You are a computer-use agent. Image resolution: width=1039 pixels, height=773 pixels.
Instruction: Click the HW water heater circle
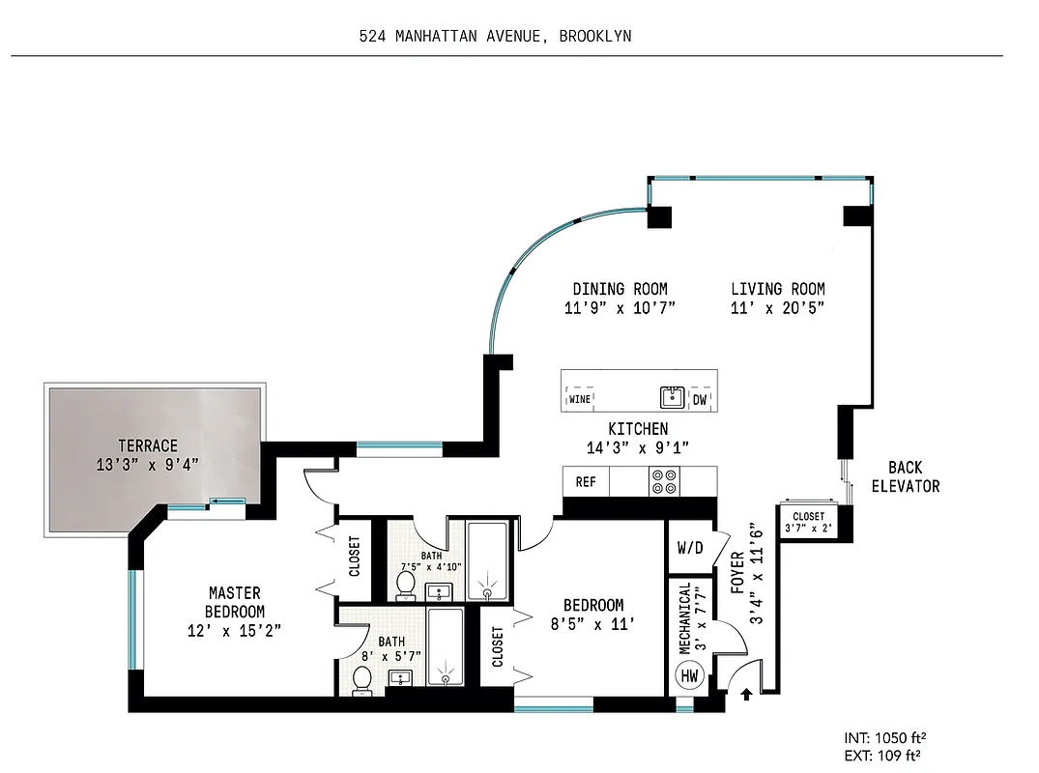(689, 675)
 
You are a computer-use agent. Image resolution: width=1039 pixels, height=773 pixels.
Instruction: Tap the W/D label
(690, 548)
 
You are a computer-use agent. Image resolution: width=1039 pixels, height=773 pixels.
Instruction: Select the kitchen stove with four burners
(664, 481)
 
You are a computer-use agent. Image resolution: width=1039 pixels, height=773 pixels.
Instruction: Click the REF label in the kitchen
(586, 481)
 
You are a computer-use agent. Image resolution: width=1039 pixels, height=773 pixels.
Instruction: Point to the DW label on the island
(700, 398)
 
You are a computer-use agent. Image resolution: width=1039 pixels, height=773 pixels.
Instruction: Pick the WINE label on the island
(580, 398)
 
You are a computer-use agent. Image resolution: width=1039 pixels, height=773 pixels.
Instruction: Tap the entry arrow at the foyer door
(745, 692)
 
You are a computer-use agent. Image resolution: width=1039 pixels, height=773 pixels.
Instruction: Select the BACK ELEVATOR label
(905, 477)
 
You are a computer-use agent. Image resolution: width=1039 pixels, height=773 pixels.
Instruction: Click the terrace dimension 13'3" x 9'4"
(148, 463)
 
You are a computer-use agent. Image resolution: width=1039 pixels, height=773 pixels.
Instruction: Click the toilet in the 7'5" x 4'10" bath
(405, 584)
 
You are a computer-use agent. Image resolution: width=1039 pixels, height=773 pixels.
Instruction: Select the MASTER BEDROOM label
(235, 602)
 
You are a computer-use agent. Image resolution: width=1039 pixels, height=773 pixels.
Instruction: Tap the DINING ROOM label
(620, 289)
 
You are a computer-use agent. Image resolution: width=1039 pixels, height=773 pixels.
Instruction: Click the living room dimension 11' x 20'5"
(777, 308)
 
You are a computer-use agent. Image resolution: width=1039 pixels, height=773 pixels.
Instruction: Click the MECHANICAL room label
(685, 617)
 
